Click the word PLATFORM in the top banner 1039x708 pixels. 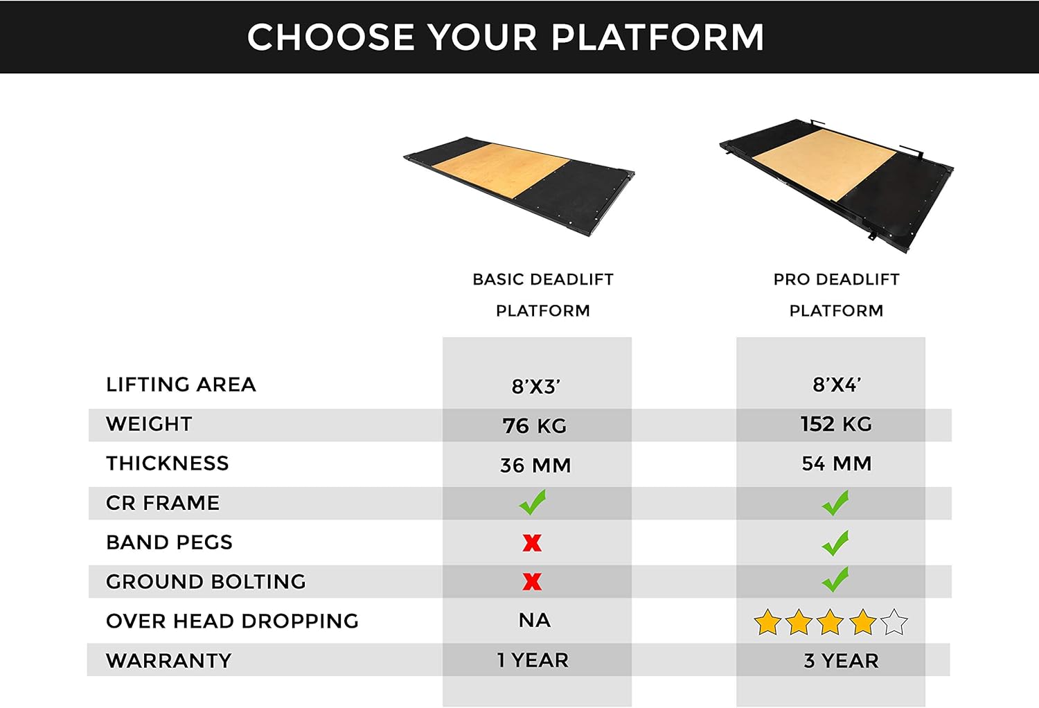657,37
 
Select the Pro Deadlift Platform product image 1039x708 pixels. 837,182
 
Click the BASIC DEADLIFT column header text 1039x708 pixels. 543,280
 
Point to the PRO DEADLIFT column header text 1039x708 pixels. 836,280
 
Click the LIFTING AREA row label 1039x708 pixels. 181,384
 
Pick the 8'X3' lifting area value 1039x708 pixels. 535,387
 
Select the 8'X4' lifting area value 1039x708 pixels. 836,385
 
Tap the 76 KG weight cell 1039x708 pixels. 535,425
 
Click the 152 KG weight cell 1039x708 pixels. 836,424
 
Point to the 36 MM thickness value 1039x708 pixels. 535,465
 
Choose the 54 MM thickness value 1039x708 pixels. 836,463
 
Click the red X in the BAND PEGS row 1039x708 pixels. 532,542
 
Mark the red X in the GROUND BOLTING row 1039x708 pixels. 532,582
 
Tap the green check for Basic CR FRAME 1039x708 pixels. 533,502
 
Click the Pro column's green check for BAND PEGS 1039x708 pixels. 835,543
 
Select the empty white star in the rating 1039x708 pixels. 894,622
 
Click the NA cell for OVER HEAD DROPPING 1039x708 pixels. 535,621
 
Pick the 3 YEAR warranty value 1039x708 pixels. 841,661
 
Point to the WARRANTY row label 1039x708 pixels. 168,661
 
